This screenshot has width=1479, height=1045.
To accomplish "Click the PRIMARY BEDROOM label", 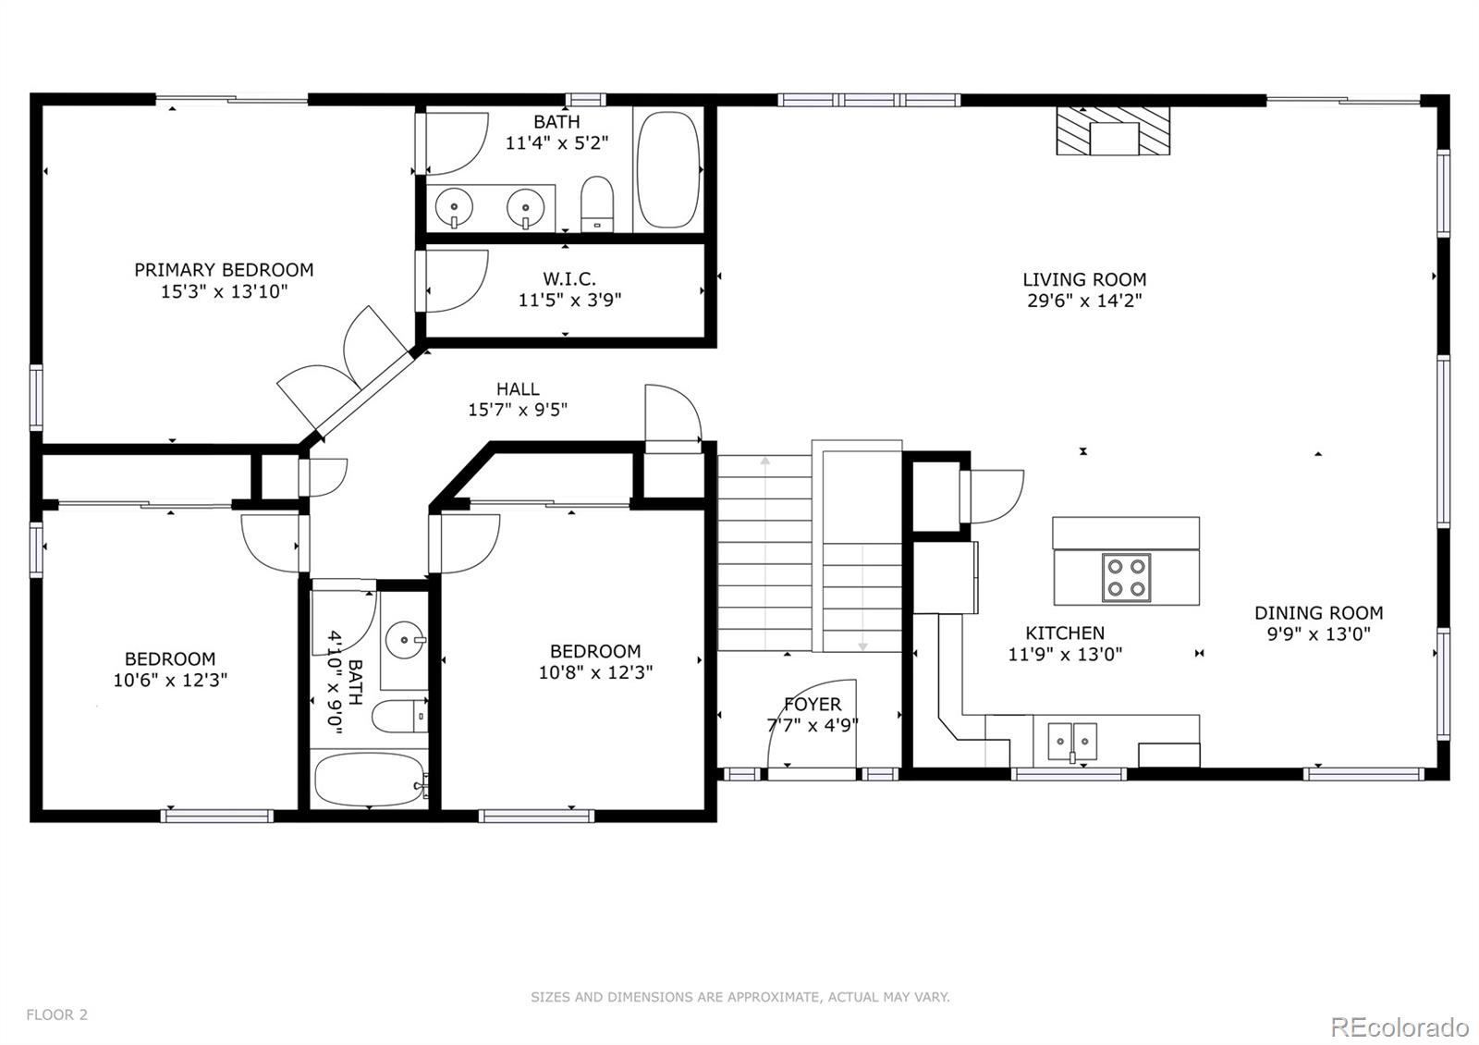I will click(x=224, y=270).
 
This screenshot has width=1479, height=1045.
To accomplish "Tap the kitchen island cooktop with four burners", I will click(x=1126, y=578).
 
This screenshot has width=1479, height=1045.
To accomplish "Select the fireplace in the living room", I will click(x=1113, y=131).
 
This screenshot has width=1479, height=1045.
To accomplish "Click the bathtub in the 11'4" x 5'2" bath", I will click(x=668, y=170).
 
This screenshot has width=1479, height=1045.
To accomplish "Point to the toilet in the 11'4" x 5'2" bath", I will click(x=597, y=203).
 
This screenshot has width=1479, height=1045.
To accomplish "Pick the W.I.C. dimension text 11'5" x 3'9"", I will click(x=569, y=300).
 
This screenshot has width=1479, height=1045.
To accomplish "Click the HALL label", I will click(x=518, y=389).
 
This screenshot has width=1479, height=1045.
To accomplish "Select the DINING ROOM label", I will click(x=1318, y=612).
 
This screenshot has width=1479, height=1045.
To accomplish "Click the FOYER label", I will click(x=813, y=705).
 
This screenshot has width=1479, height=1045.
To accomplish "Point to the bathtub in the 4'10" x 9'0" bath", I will click(x=368, y=780).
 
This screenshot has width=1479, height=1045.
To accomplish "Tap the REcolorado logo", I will click(x=1399, y=1027).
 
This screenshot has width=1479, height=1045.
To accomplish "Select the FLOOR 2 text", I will click(x=56, y=1014).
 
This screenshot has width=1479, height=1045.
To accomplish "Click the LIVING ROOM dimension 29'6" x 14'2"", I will click(x=1084, y=301).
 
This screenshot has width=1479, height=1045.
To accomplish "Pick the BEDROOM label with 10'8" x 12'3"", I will click(x=595, y=651).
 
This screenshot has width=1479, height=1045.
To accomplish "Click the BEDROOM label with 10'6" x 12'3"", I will click(x=170, y=659).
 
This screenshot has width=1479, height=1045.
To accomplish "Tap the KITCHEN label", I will click(x=1065, y=633).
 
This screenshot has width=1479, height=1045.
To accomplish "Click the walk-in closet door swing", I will click(x=455, y=280).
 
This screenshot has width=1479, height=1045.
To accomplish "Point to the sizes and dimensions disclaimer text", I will click(x=739, y=997).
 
